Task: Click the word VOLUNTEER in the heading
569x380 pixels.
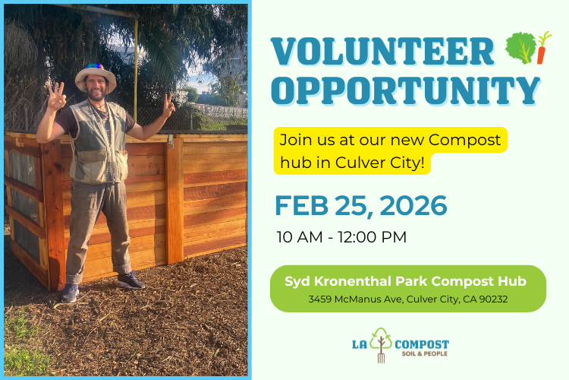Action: [x=383, y=51]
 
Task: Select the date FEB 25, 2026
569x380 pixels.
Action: [x=360, y=205]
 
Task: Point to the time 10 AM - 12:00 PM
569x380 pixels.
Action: [x=341, y=236]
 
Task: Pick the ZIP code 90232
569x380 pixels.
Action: [x=490, y=299]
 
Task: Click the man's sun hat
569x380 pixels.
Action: [x=96, y=76]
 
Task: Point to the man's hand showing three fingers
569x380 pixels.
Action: [x=56, y=97]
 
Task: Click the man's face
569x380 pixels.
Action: [x=96, y=91]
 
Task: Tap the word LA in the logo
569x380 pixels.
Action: [x=359, y=344]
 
